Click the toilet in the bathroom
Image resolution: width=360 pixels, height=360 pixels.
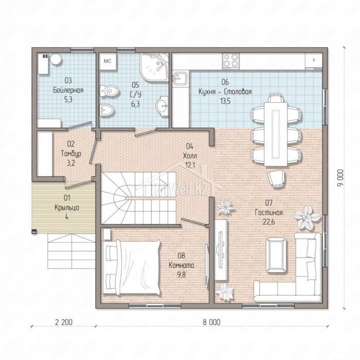(110, 91)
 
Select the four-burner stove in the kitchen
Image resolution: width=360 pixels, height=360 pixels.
(230, 61)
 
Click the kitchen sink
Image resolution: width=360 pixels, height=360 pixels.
(180, 79)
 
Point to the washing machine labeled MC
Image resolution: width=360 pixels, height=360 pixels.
(107, 61)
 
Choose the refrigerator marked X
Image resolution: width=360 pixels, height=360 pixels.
(314, 60)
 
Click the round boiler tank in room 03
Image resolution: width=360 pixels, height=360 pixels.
(56, 59)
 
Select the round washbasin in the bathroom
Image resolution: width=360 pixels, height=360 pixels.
(163, 106)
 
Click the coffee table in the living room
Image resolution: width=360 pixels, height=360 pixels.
(276, 255)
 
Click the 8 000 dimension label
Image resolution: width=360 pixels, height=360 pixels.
(211, 322)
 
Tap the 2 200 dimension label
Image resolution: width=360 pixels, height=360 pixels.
(64, 322)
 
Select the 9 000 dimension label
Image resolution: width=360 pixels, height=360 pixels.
(341, 178)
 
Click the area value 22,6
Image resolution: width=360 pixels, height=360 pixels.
(268, 222)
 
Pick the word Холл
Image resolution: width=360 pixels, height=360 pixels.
(190, 156)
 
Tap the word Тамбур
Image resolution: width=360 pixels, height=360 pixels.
(71, 154)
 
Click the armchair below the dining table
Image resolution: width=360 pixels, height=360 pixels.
(277, 178)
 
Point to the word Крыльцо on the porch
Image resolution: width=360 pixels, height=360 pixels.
(67, 208)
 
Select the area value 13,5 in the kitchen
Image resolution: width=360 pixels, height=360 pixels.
(225, 101)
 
